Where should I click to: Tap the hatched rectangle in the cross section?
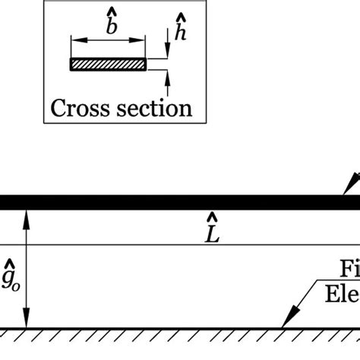coord(107,65)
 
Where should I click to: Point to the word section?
coord(154,108)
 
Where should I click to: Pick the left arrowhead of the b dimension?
coord(74,39)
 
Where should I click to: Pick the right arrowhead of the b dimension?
coord(141,39)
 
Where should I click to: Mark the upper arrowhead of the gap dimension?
coord(27,215)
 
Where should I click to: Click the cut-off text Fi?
coord(349,272)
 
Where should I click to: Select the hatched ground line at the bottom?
coord(180,331)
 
